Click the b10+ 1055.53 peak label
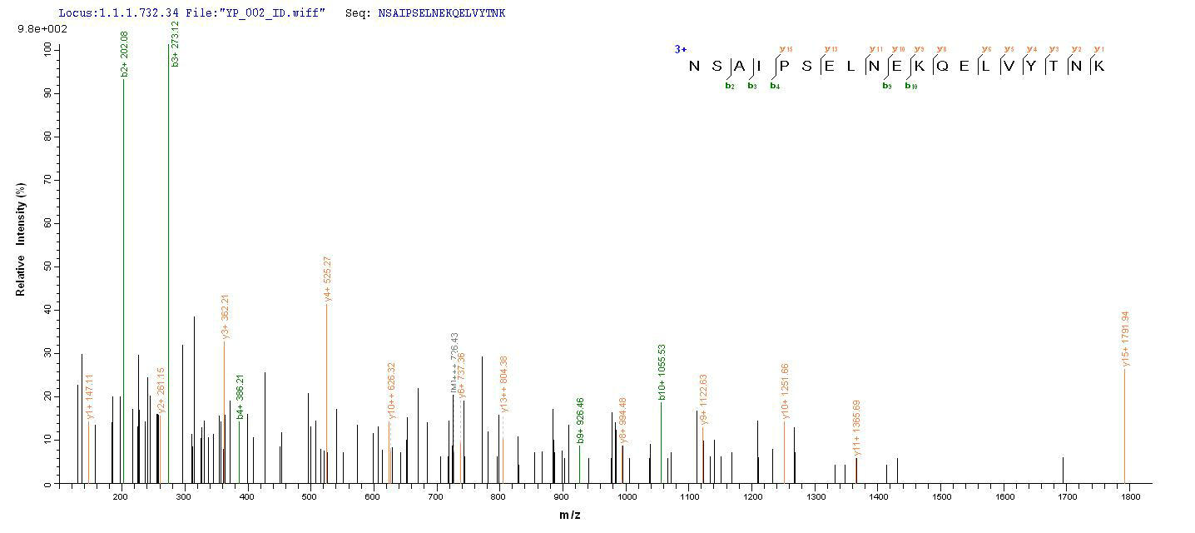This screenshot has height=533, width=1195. tap(662, 372)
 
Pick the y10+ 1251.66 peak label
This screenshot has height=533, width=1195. tap(785, 391)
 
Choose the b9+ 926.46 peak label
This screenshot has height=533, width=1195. tap(581, 421)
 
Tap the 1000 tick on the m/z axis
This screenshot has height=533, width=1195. tap(627, 497)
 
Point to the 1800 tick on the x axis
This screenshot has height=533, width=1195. tap(1130, 497)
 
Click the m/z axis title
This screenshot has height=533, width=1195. tap(569, 516)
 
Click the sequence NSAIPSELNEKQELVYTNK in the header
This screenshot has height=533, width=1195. tap(441, 13)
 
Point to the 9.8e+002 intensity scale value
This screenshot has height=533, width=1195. tap(37, 29)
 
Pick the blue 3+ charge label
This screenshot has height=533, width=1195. tap(681, 49)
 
